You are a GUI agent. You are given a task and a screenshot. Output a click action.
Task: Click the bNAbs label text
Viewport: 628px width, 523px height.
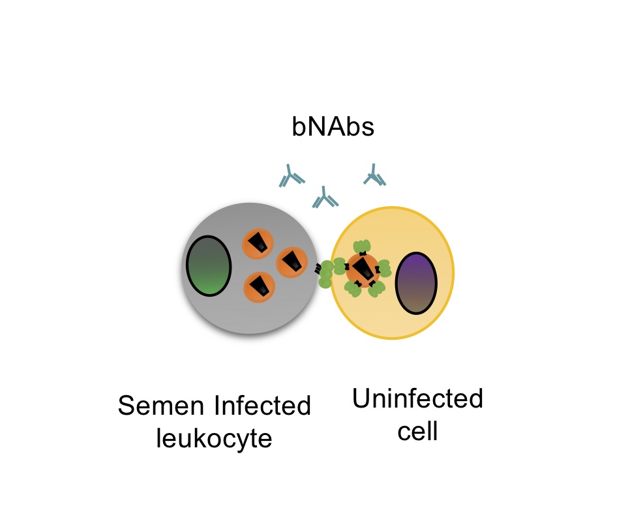[x=333, y=127]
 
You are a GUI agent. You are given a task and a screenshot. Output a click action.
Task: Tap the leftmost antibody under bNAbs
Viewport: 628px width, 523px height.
[x=292, y=176]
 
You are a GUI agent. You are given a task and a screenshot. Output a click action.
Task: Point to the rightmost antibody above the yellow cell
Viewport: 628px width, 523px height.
[x=374, y=175]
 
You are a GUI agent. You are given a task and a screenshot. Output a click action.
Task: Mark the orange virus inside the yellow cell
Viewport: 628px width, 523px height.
[x=363, y=269]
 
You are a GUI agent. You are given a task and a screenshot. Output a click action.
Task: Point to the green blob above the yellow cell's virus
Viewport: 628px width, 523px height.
[x=362, y=247]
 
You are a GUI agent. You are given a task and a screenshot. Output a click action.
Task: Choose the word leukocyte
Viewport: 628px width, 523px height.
[x=213, y=439]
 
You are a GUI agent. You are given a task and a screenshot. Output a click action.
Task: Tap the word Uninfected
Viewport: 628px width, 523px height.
[x=417, y=398]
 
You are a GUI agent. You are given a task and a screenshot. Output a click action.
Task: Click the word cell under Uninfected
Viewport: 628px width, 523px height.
[x=417, y=431]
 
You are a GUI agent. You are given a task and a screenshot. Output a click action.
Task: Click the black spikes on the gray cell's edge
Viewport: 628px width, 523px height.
[x=318, y=267]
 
